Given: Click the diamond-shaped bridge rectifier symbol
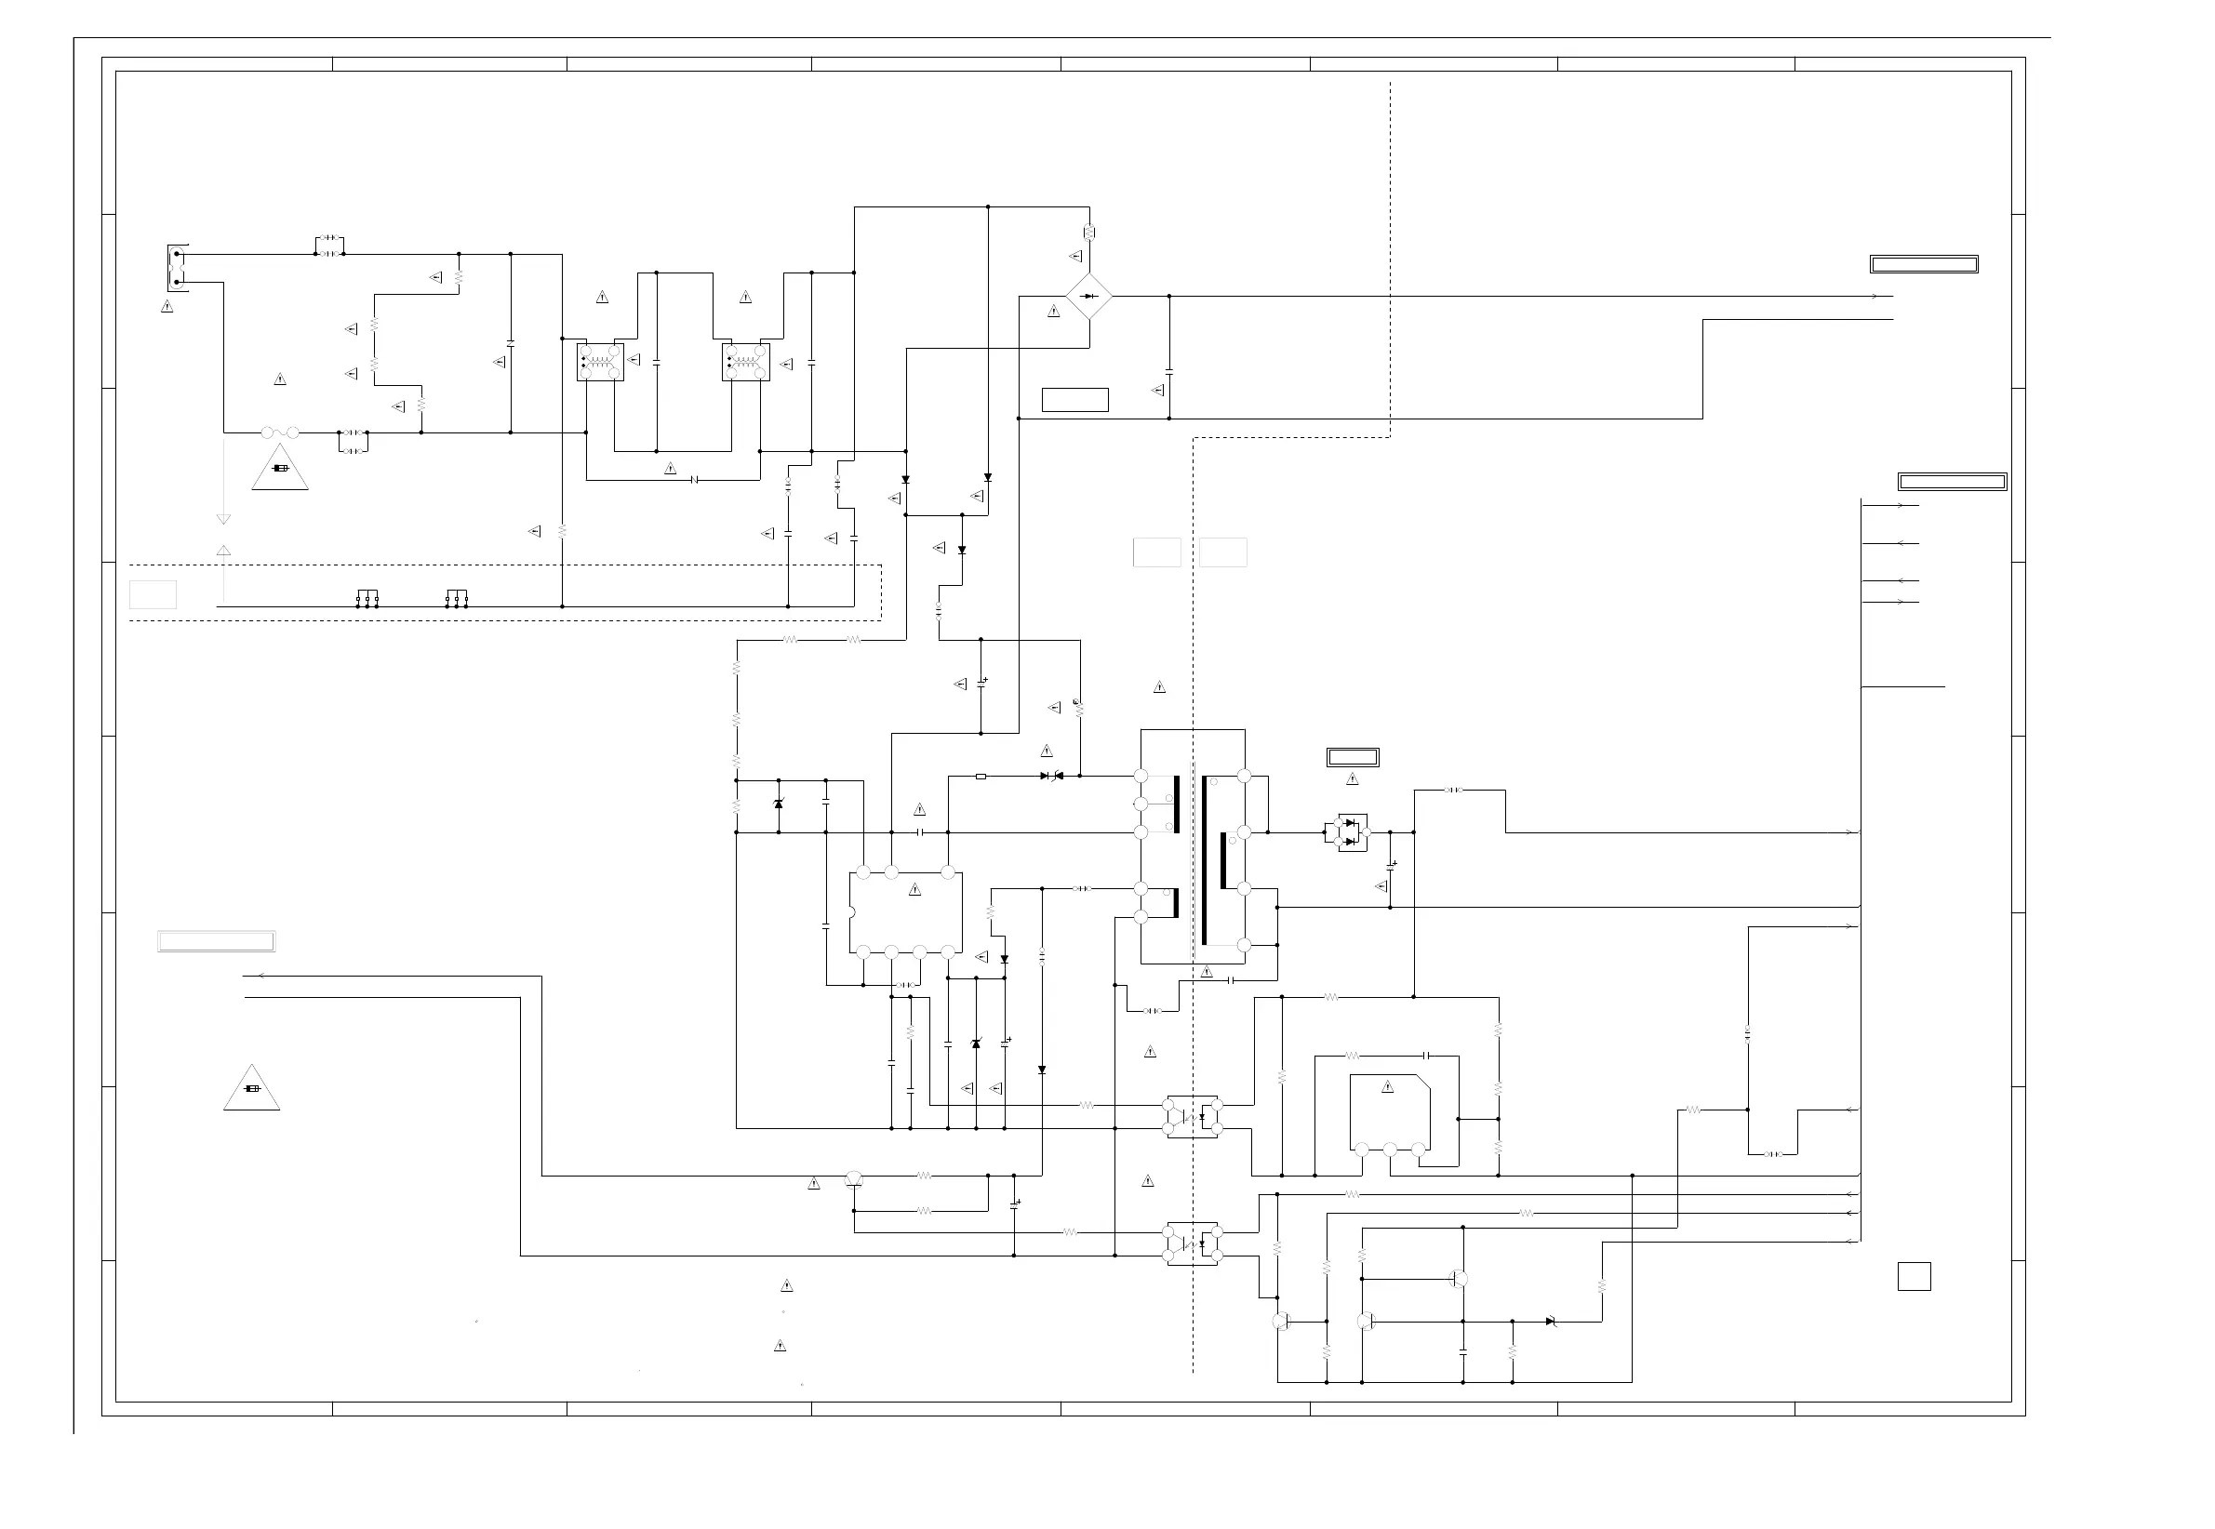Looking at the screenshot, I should (1088, 296).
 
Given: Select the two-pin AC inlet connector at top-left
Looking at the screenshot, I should (178, 268).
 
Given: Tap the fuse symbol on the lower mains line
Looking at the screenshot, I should (280, 433).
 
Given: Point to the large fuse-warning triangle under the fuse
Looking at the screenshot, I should (280, 469).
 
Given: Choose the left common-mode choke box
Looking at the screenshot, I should (601, 362).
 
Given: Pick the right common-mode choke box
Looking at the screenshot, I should (745, 362).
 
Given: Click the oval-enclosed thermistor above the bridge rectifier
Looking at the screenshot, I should (1088, 232).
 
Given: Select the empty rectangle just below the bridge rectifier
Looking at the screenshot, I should (1074, 400).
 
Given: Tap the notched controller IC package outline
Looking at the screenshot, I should (905, 912).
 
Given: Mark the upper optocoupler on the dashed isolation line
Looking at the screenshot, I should (1192, 1117).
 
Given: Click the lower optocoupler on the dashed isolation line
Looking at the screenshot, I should (1192, 1243).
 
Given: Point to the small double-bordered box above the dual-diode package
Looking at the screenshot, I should (1352, 757).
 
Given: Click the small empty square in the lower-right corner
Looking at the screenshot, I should (1914, 1276).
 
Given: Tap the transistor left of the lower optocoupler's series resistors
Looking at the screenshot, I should (855, 1180).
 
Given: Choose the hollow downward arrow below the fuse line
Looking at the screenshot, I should (223, 519).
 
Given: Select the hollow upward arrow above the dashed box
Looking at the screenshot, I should (223, 551).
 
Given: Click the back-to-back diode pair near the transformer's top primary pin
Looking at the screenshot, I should (1052, 776).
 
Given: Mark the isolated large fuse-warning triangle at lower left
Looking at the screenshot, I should (252, 1090).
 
